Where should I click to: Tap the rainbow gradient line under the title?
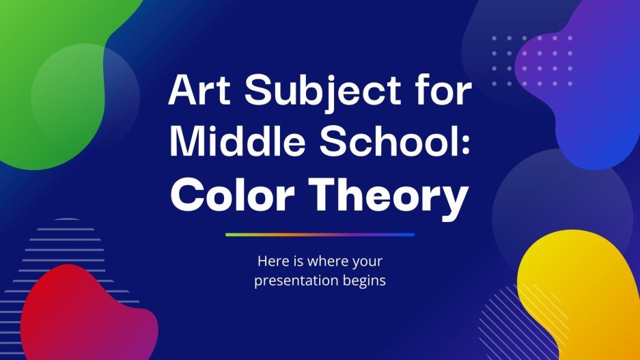[x=320, y=234]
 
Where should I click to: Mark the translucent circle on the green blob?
[x=85, y=96]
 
